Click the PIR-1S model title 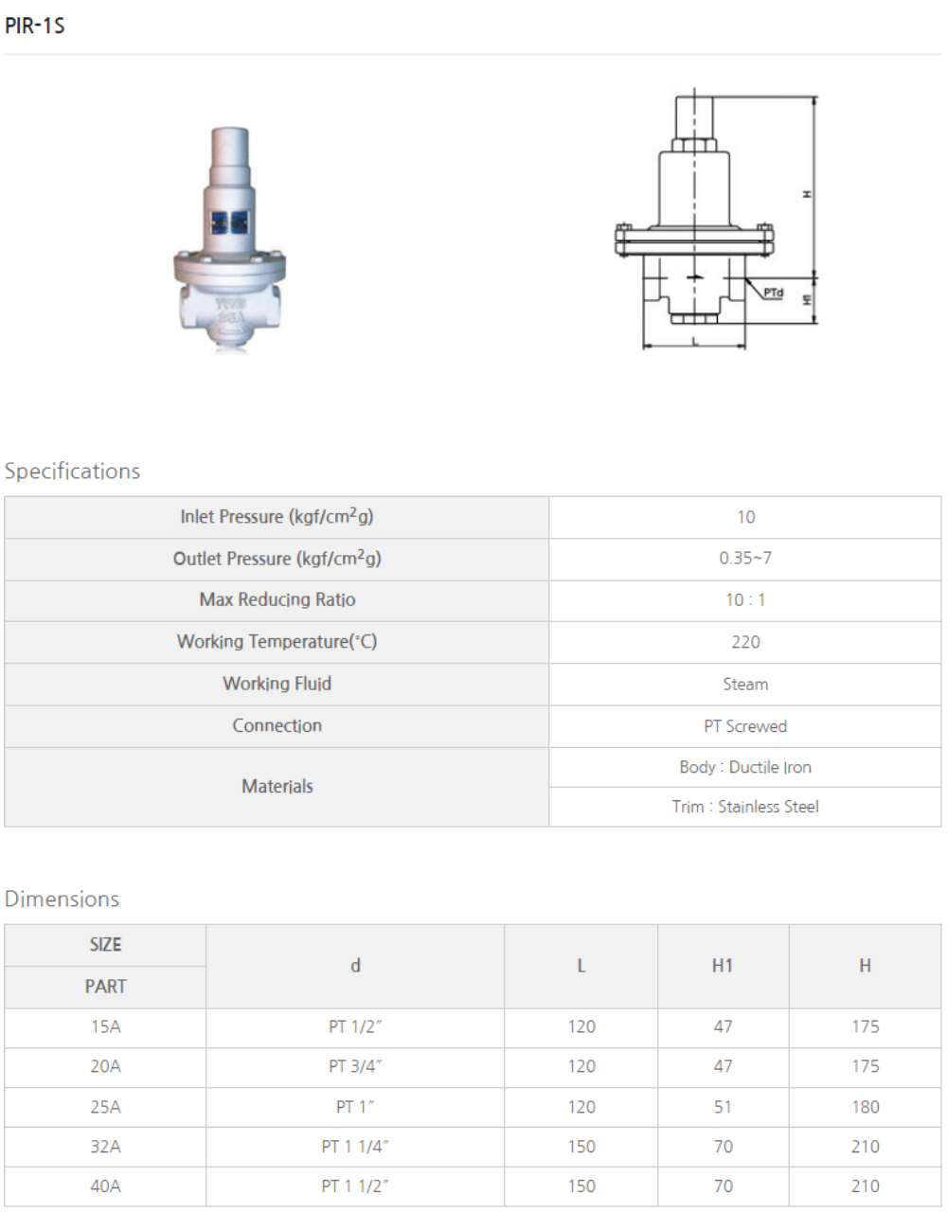[x=35, y=26]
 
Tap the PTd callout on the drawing [x=774, y=293]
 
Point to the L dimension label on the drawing [x=695, y=340]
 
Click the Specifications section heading [x=72, y=472]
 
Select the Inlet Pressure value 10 [x=745, y=517]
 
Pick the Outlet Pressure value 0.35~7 [x=745, y=559]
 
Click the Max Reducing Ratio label [x=277, y=599]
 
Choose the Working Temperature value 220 [x=745, y=642]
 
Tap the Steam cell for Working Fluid [x=745, y=684]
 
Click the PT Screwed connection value [x=745, y=726]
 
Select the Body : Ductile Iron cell [x=745, y=767]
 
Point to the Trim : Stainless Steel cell [x=745, y=807]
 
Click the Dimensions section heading [x=63, y=900]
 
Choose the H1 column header [x=723, y=966]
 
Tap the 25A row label [x=105, y=1107]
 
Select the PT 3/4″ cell [x=355, y=1066]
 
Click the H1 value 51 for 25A [x=723, y=1107]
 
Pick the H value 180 [x=865, y=1107]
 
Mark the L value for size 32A [x=581, y=1147]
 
